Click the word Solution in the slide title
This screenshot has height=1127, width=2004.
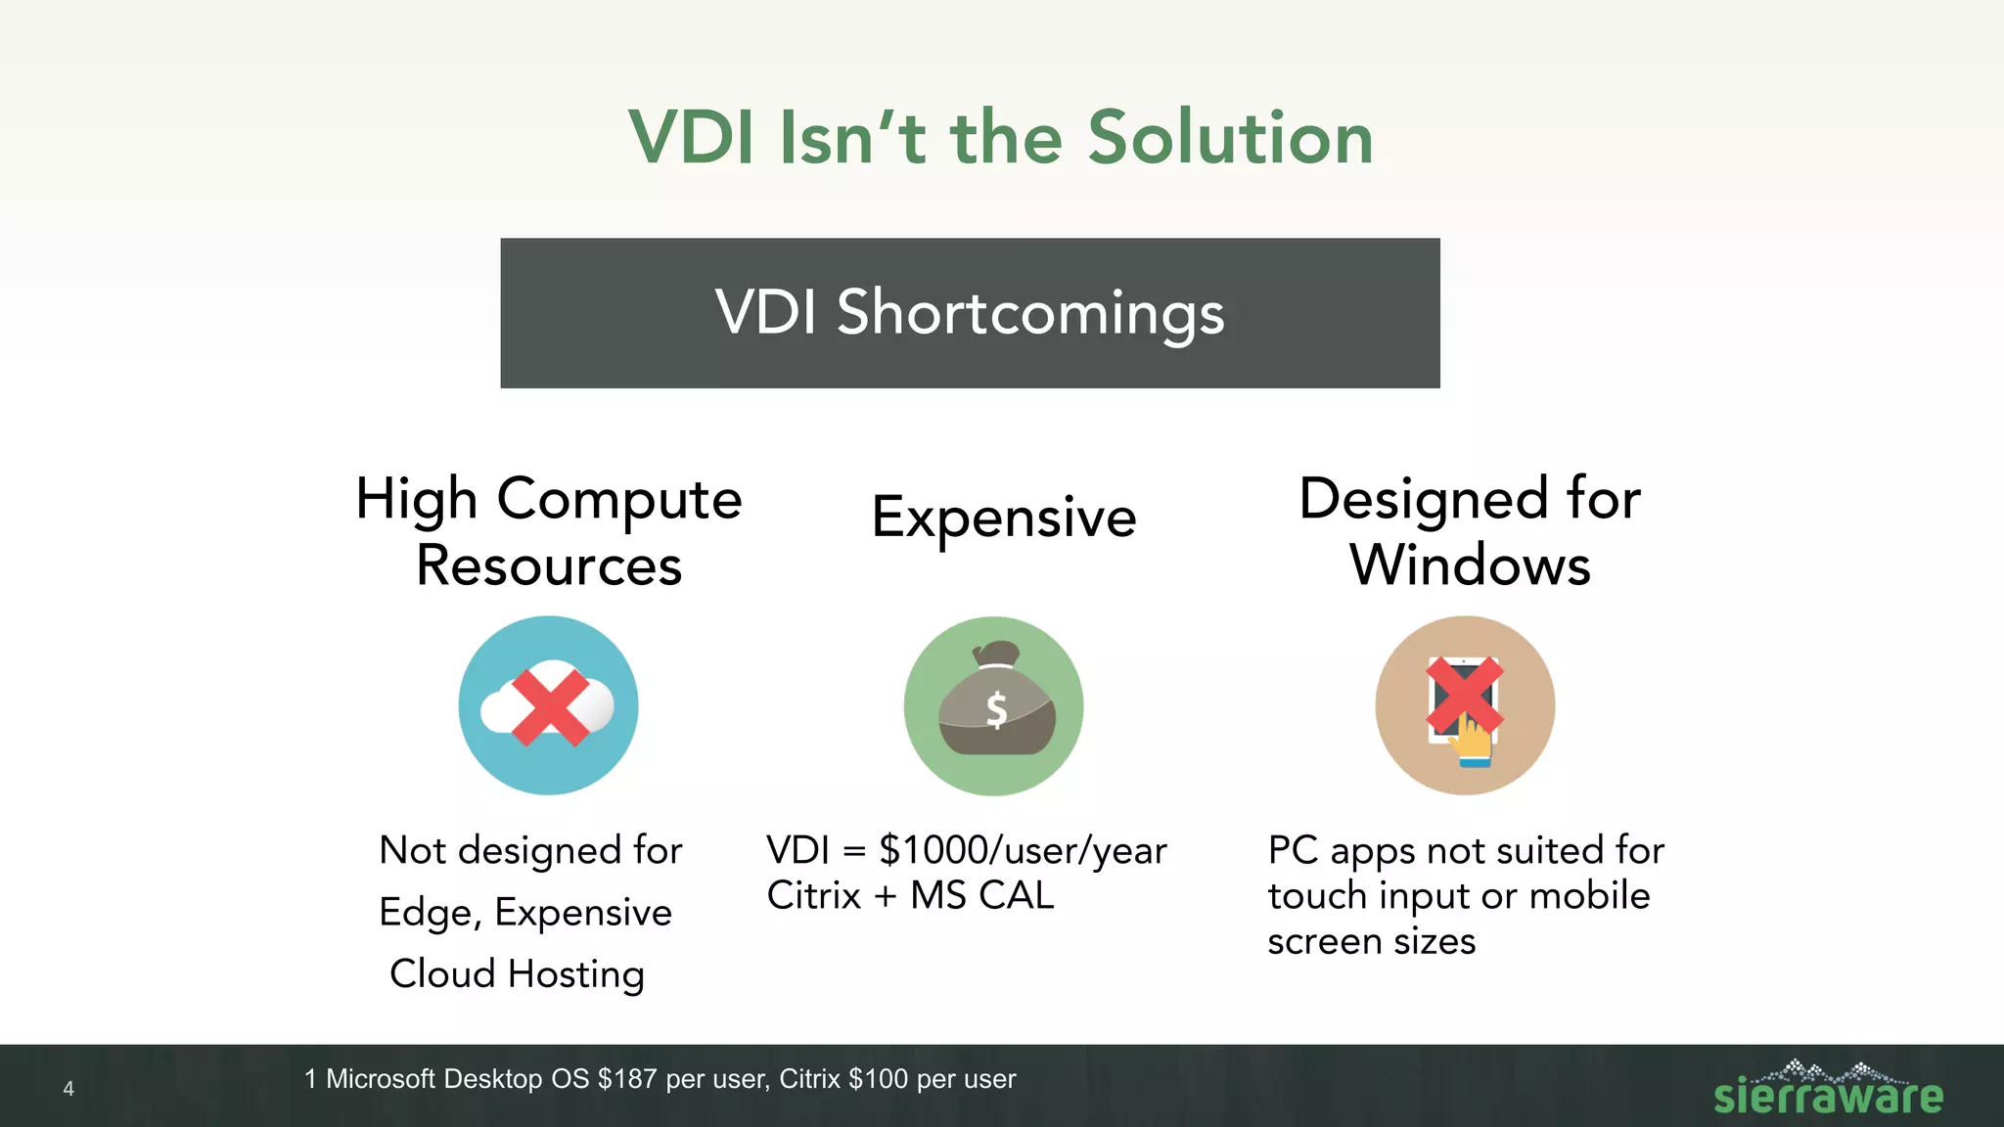(x=1230, y=137)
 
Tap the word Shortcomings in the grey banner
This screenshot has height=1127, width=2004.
(x=1029, y=313)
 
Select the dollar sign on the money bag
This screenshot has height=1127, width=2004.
(x=996, y=709)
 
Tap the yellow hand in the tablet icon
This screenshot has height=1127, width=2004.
(x=1471, y=742)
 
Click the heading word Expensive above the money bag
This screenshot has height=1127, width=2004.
(x=1004, y=517)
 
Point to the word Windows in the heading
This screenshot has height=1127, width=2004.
(x=1470, y=565)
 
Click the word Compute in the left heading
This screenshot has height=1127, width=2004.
(x=619, y=499)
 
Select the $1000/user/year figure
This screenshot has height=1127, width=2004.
(x=1023, y=849)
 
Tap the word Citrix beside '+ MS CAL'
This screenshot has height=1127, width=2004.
(x=813, y=895)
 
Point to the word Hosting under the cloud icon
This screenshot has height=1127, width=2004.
(x=575, y=973)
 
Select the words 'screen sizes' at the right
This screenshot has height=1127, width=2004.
(x=1371, y=941)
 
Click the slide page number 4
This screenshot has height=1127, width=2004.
(x=68, y=1089)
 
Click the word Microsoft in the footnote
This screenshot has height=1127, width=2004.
(x=380, y=1079)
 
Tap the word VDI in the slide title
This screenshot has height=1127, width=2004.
(x=692, y=137)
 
